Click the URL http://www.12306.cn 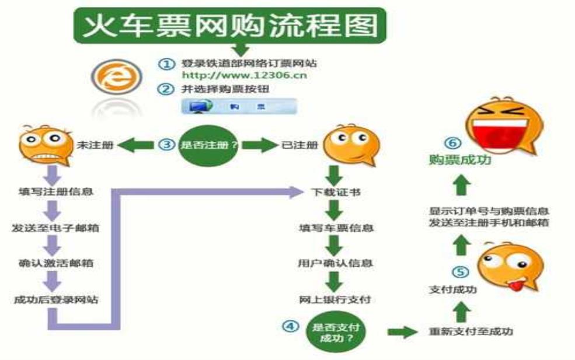pyautogui.click(x=244, y=75)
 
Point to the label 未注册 pyautogui.click(x=90, y=145)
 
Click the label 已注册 pyautogui.click(x=302, y=145)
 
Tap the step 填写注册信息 pyautogui.click(x=55, y=191)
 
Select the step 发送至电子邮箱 pyautogui.click(x=55, y=228)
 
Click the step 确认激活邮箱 pyautogui.click(x=55, y=263)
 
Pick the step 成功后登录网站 pyautogui.click(x=55, y=300)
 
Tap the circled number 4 pyautogui.click(x=290, y=326)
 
